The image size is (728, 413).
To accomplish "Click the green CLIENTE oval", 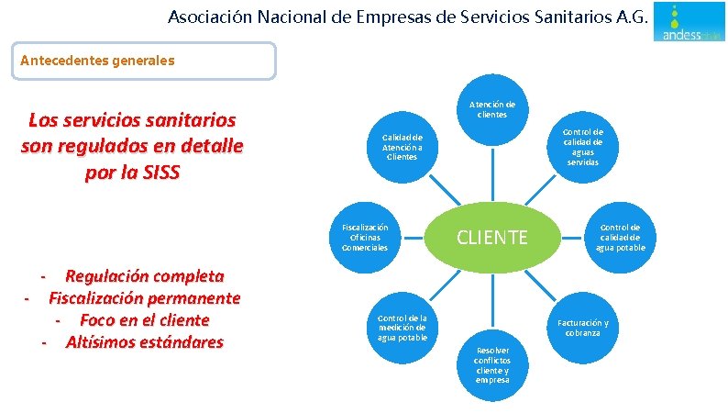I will coord(492,238).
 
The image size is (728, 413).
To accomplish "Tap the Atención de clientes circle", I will coord(491,109).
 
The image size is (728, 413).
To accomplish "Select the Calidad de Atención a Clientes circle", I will coord(402,146).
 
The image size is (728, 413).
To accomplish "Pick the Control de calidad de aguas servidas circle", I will coord(583,147).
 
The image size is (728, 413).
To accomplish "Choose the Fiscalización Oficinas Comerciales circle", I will coord(365,238).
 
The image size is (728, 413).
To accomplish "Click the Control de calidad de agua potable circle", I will coord(621,237).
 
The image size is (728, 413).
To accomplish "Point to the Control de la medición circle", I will coord(402,327).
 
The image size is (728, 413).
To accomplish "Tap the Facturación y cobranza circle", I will coord(583,328).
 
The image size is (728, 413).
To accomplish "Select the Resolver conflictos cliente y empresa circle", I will coord(492,364).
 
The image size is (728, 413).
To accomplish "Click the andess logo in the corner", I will coord(689,23).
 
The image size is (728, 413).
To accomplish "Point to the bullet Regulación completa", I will coord(144,276).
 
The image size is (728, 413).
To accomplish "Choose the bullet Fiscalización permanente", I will coord(144,298).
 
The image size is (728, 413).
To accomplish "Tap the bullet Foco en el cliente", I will coord(144,320).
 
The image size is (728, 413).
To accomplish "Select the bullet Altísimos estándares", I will coord(144,342).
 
